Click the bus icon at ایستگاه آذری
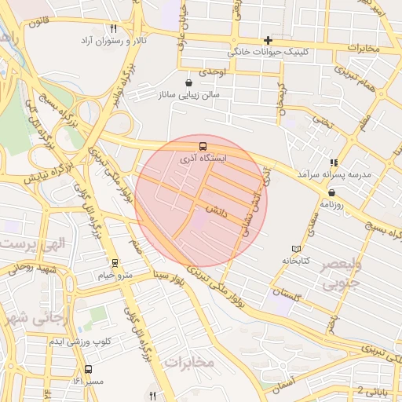pos(203,146)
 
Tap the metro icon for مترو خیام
pos(115,264)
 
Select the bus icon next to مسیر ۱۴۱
pos(88,369)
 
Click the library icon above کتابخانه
pos(296,248)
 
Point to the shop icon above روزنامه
pos(332,192)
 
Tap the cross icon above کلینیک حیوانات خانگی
pos(269,40)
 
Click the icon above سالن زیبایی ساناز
pos(188,82)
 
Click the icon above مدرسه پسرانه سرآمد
pos(334,162)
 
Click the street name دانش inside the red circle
pos(217,210)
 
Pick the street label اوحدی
pos(212,71)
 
